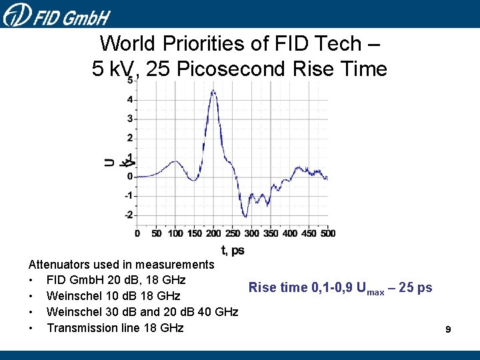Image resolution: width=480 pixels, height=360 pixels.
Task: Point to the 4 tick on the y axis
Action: [131, 100]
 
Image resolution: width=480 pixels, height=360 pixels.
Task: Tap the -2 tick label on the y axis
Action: [129, 215]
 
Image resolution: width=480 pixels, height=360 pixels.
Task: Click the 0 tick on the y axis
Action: [131, 177]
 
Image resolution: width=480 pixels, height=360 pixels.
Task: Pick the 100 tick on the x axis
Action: [175, 233]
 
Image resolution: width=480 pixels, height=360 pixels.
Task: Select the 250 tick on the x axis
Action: [233, 233]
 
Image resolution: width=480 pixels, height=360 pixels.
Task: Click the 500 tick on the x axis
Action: [327, 233]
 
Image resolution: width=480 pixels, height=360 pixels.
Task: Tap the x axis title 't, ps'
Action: [233, 251]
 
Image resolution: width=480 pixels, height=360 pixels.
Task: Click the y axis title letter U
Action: [109, 162]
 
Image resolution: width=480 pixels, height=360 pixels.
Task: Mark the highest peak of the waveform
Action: [213, 91]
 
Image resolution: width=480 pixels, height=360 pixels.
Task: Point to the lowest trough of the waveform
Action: [245, 216]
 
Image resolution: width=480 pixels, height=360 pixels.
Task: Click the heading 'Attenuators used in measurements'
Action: [121, 265]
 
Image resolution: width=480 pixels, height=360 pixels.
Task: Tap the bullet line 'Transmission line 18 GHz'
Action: [115, 328]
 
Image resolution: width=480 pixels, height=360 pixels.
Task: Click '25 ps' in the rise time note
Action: [416, 288]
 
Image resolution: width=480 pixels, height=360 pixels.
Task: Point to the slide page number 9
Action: [449, 329]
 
